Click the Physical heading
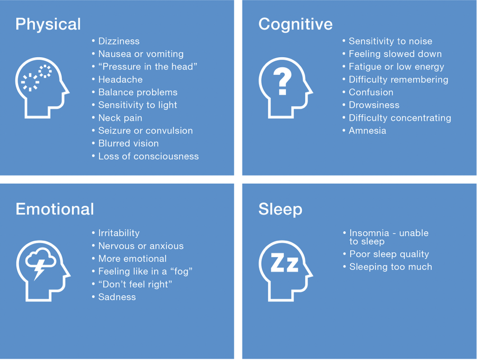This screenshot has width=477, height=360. [48, 24]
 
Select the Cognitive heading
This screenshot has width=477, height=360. [295, 24]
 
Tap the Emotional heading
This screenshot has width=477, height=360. [55, 209]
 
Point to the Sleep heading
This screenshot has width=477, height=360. [280, 209]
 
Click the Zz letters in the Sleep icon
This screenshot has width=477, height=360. [284, 264]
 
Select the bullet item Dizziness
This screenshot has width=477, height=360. [119, 41]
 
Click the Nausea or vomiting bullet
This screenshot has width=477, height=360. [141, 54]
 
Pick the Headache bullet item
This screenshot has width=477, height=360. [120, 80]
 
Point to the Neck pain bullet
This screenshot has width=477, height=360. [120, 118]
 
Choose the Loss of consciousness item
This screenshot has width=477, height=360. [148, 156]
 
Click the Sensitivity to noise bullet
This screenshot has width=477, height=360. [390, 41]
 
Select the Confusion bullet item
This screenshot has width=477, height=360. [371, 93]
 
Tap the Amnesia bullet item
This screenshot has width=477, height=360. [367, 131]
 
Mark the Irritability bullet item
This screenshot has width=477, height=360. [119, 233]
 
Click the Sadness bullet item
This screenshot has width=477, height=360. [117, 297]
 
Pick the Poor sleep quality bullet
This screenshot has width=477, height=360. [389, 254]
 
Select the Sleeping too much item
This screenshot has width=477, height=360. [391, 267]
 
